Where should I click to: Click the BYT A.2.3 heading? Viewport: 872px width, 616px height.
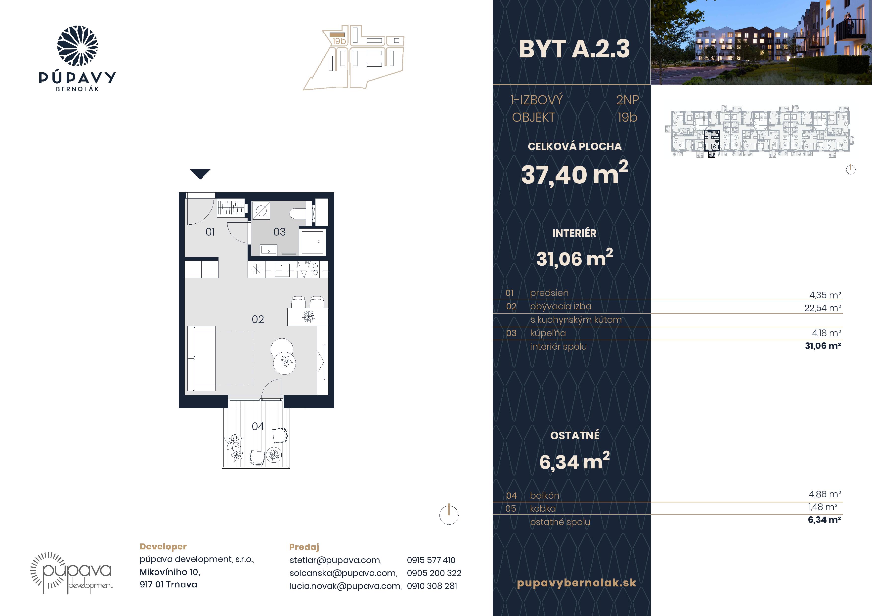tap(574, 49)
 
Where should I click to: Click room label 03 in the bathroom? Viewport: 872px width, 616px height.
tap(280, 232)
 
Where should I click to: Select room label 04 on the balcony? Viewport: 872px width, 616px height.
tap(258, 427)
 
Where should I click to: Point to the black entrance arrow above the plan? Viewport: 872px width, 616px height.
tap(200, 173)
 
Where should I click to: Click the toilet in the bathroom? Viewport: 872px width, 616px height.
tap(298, 214)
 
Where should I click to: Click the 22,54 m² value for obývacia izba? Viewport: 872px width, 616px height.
tap(823, 308)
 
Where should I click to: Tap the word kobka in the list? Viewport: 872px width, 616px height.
tap(543, 509)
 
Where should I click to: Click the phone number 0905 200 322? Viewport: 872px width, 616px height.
tap(434, 573)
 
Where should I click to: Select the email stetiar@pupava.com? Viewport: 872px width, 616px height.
tap(335, 560)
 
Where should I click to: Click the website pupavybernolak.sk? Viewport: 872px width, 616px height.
tap(576, 583)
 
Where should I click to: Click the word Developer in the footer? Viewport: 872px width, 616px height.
tap(163, 546)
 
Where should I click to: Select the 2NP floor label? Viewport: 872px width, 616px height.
tap(627, 100)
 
